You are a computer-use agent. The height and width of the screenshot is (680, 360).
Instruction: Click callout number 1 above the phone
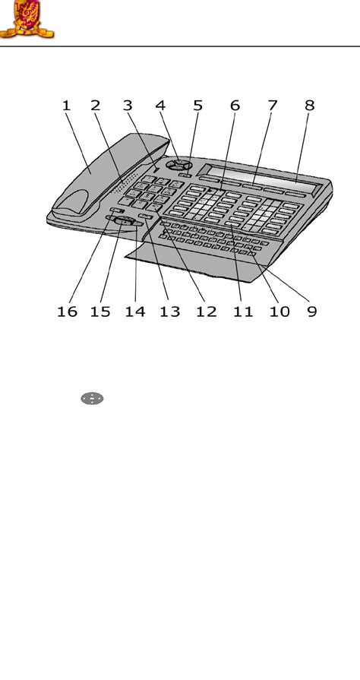pyautogui.click(x=66, y=106)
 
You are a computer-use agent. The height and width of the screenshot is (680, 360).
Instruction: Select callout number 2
pyautogui.click(x=96, y=106)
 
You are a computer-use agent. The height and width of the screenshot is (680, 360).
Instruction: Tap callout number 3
pyautogui.click(x=128, y=106)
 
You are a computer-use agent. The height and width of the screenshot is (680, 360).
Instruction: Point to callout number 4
pyautogui.click(x=160, y=106)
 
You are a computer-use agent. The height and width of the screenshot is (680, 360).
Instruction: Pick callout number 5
pyautogui.click(x=197, y=106)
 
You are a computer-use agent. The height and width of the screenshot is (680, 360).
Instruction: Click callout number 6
pyautogui.click(x=235, y=106)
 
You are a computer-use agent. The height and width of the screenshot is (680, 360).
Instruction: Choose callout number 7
pyautogui.click(x=272, y=106)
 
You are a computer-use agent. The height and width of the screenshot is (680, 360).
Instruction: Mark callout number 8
pyautogui.click(x=309, y=106)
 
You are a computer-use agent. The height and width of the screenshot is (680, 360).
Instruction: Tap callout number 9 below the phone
pyautogui.click(x=312, y=312)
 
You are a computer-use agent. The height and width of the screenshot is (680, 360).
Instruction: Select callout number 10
pyautogui.click(x=279, y=312)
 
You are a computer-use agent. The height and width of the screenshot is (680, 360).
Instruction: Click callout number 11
pyautogui.click(x=243, y=312)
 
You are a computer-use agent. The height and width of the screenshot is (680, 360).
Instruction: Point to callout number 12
pyautogui.click(x=206, y=312)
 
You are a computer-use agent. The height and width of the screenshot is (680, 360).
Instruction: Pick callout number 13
pyautogui.click(x=169, y=312)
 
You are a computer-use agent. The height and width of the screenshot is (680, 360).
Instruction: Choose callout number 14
pyautogui.click(x=135, y=312)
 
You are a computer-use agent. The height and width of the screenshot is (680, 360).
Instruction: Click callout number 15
pyautogui.click(x=100, y=312)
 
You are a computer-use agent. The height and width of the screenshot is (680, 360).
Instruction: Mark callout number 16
pyautogui.click(x=68, y=312)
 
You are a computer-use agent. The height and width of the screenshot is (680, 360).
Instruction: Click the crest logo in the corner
pyautogui.click(x=27, y=19)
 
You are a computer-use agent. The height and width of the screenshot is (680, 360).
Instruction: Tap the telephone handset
pyautogui.click(x=109, y=176)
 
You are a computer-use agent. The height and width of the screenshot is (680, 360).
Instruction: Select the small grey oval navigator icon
pyautogui.click(x=92, y=399)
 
